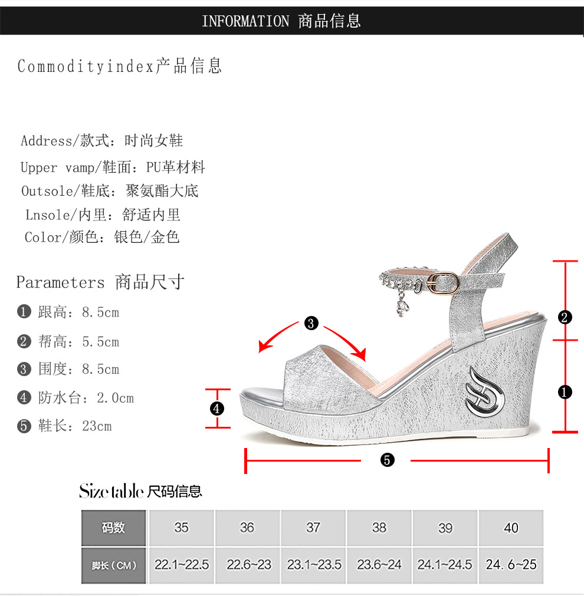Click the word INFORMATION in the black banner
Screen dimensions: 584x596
(245, 22)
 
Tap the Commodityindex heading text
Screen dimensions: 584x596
(86, 66)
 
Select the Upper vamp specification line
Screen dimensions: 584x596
(113, 167)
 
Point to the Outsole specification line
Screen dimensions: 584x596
(110, 191)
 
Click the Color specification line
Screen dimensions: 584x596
(102, 238)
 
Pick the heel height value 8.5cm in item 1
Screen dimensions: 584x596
(100, 312)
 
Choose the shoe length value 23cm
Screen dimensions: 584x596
(97, 426)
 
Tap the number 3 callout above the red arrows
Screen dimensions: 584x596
(311, 323)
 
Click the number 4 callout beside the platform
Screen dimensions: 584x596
(217, 408)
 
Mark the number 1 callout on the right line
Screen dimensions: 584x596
(565, 392)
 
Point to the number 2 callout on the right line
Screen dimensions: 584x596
(565, 318)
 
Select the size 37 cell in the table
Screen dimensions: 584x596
(313, 528)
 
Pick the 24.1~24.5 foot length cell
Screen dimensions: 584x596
(445, 565)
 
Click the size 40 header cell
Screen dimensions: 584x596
(511, 528)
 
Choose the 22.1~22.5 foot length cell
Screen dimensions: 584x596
(182, 565)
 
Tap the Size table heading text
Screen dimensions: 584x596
(140, 490)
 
